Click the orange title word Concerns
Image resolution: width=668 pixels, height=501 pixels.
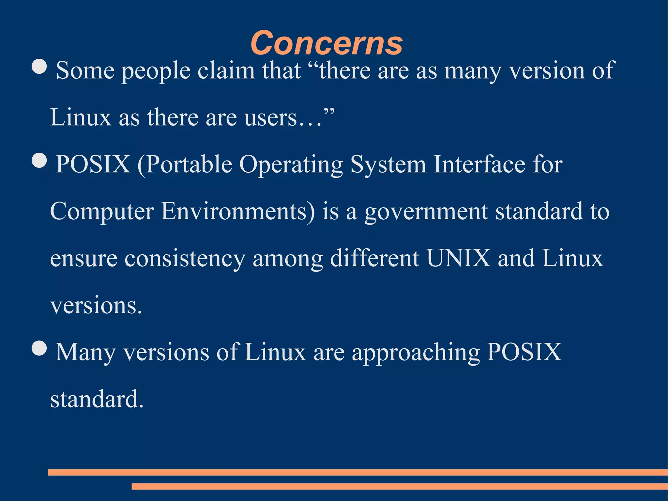(x=326, y=43)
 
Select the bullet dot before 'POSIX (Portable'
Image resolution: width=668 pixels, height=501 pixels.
(x=39, y=160)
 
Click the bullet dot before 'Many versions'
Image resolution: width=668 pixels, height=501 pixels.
(x=39, y=348)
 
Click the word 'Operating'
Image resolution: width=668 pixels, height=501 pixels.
(x=291, y=165)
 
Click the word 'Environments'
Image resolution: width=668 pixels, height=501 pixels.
(x=238, y=211)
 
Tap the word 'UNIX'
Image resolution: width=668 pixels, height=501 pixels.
(x=458, y=258)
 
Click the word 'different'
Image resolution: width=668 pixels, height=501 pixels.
(x=375, y=258)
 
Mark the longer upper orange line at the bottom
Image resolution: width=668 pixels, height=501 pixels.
(x=357, y=472)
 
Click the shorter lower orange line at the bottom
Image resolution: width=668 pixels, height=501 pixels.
(x=400, y=486)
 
